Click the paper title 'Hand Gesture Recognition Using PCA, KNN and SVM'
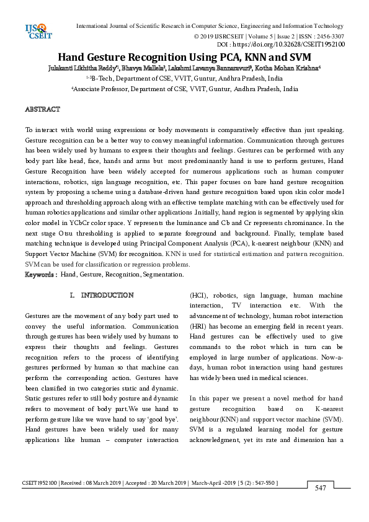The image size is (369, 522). click(184, 56)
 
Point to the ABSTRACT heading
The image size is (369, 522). click(42, 109)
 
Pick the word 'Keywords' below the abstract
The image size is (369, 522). click(40, 274)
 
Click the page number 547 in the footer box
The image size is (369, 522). click(320, 488)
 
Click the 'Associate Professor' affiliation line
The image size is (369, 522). click(184, 89)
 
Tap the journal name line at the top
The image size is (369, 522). click(209, 27)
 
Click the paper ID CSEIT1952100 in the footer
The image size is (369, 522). click(40, 482)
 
